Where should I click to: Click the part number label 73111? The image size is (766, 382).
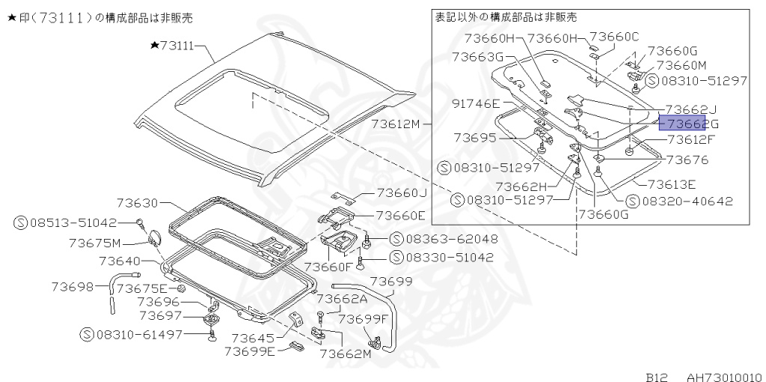click(177, 46)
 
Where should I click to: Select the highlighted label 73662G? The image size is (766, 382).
click(681, 124)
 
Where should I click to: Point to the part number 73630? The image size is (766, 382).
click(138, 202)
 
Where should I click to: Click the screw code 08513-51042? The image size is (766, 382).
click(73, 222)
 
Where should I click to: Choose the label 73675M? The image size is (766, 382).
click(94, 243)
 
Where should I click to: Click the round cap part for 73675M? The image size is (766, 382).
click(156, 237)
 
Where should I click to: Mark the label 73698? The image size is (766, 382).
click(73, 287)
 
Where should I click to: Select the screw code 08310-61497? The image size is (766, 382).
click(138, 334)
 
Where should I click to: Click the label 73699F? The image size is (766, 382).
click(364, 318)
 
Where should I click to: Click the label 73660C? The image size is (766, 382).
click(614, 36)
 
